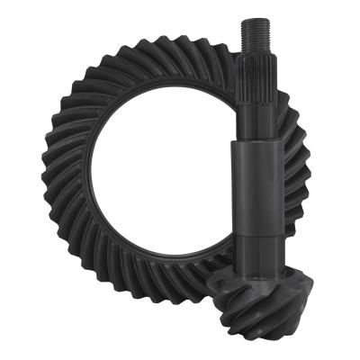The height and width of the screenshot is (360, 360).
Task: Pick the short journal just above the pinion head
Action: click(x=253, y=256)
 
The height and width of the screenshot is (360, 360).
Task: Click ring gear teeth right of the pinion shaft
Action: click(x=292, y=180)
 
